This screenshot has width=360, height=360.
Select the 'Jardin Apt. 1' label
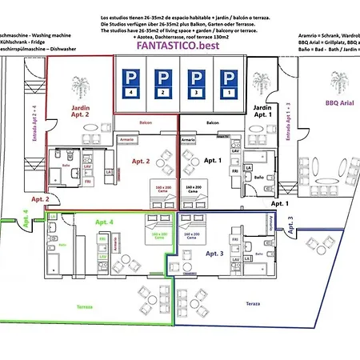point(263,111)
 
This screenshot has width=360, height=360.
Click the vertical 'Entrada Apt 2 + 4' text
point(34,124)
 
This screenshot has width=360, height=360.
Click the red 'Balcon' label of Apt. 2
point(146,122)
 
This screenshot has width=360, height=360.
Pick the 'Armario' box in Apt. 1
point(189,139)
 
